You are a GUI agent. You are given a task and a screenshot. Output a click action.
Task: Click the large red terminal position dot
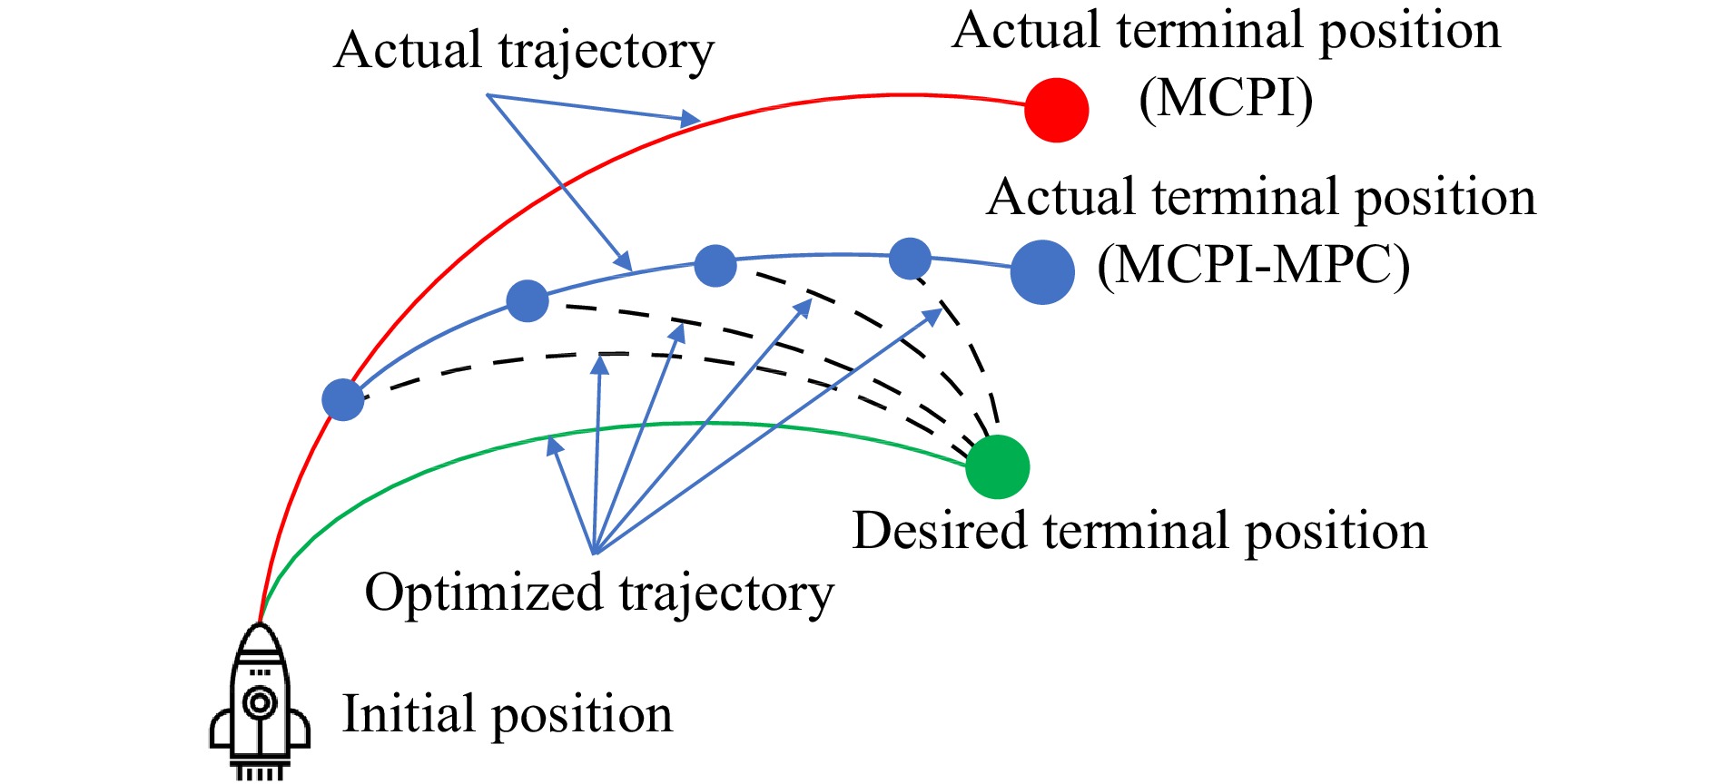[x=1056, y=110]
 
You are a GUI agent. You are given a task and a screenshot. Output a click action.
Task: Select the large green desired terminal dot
[x=997, y=466]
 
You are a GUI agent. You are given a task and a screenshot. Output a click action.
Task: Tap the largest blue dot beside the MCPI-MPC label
[x=1042, y=272]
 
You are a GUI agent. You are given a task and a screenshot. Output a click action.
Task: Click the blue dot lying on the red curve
[x=343, y=399]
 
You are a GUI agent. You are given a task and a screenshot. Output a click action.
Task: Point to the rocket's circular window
[x=260, y=702]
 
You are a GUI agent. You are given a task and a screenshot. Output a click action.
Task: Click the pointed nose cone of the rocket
[x=260, y=635]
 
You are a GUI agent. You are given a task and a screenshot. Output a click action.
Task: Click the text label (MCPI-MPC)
[x=1253, y=267]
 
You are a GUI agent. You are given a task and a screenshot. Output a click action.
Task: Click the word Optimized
[x=484, y=593]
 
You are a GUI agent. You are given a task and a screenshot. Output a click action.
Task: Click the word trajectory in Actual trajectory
[x=606, y=51]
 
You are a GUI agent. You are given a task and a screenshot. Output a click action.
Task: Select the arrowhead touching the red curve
[x=693, y=118]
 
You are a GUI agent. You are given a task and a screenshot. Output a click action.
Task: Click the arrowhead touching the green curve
[x=552, y=445]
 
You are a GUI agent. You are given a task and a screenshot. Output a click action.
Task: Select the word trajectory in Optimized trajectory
[x=725, y=593]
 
